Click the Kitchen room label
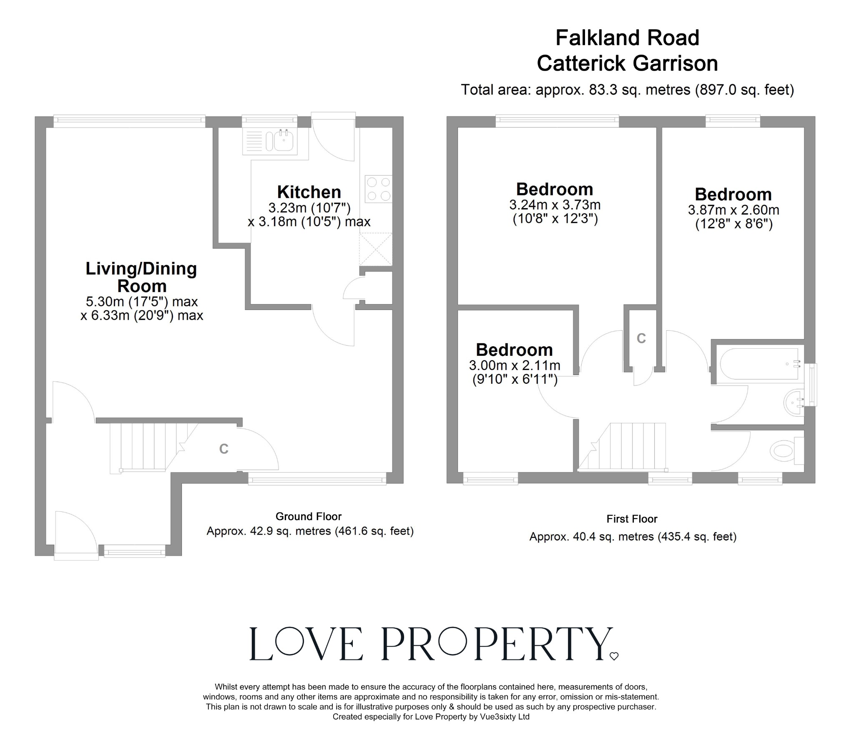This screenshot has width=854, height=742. [x=309, y=192]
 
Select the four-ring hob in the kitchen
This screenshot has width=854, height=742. [x=379, y=189]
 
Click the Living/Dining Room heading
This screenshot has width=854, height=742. [x=141, y=277]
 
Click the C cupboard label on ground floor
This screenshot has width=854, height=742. [x=224, y=449]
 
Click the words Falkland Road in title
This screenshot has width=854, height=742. [x=627, y=38]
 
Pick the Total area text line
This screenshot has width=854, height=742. [x=627, y=90]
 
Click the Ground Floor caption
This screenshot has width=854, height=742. [x=309, y=516]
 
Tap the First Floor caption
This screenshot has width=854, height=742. [x=632, y=519]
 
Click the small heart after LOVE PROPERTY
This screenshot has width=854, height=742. [x=614, y=656]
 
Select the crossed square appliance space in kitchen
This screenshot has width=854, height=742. [x=376, y=249]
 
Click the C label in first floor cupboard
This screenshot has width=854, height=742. [x=641, y=339]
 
